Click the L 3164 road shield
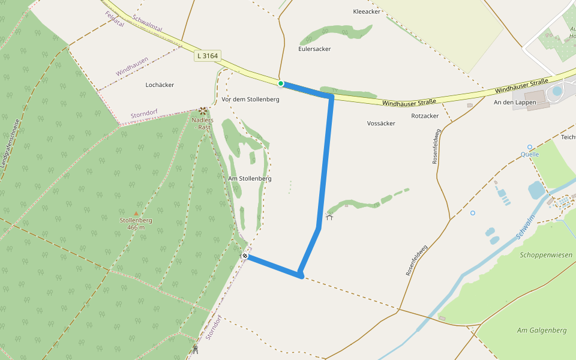pos(208,56)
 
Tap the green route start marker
pos(280,83)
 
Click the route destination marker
pos(245,256)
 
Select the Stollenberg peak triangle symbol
pos(136,213)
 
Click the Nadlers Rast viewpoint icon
pos(203,111)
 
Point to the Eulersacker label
pos(314,49)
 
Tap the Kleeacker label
pos(367,11)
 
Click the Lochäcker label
pos(160,85)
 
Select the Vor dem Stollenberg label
pos(250,99)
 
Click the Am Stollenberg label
pos(250,178)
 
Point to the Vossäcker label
pos(381,123)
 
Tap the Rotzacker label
pos(425,116)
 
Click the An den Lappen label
pos(514,103)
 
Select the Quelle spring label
pos(530,154)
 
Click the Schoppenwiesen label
pos(546,255)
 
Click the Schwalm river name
pos(527,227)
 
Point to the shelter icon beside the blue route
pos(329,217)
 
